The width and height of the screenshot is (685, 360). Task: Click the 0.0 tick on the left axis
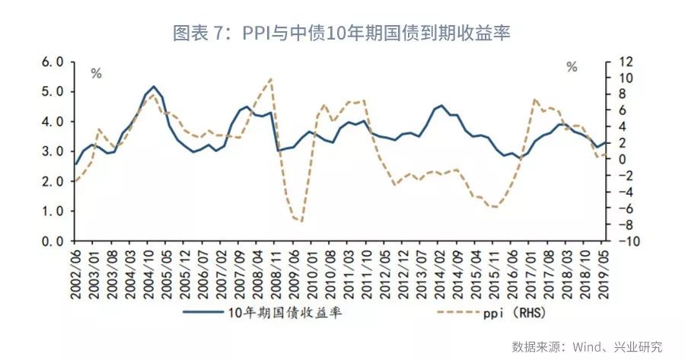[54, 241]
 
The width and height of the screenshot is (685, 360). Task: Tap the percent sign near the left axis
[96, 74]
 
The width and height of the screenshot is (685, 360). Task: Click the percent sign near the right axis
[572, 67]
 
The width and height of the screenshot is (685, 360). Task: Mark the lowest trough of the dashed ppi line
[301, 221]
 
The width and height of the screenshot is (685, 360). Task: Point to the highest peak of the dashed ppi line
[271, 78]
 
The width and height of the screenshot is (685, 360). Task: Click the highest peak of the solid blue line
[154, 87]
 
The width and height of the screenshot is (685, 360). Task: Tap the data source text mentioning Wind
[587, 346]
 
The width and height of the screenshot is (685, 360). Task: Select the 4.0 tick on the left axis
[54, 122]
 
